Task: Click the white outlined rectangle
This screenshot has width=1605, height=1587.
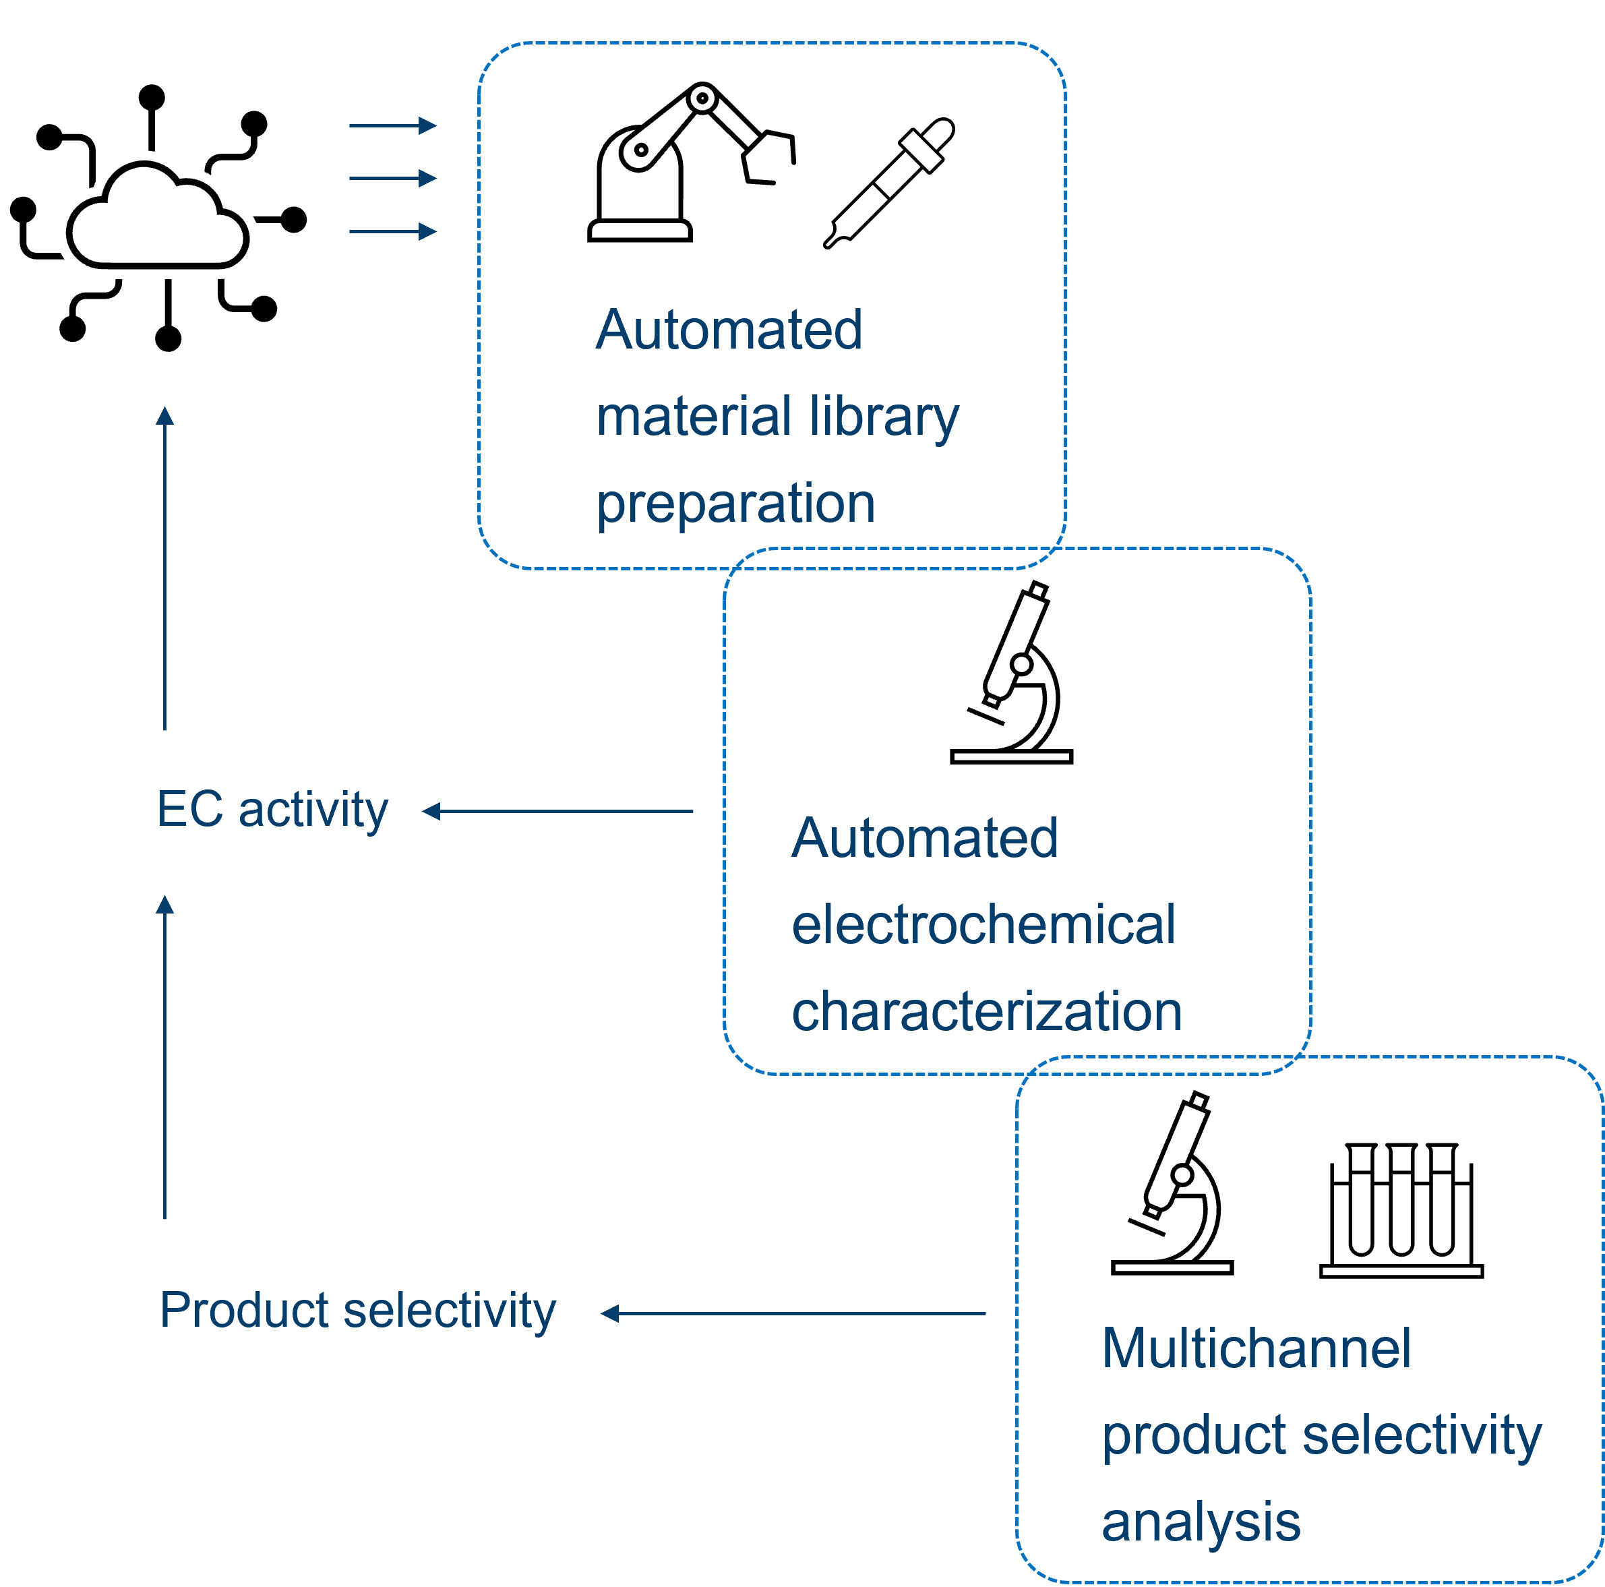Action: [x=222, y=34]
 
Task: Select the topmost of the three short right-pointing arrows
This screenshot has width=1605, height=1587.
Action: [x=392, y=125]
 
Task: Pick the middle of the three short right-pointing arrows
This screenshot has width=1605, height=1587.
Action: [x=392, y=178]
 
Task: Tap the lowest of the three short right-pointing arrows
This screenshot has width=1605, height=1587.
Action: [x=392, y=231]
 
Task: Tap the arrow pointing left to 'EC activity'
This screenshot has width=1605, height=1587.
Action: [x=557, y=811]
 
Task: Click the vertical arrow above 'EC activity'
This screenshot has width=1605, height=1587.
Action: [x=165, y=568]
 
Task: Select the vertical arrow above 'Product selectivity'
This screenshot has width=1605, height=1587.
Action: [x=165, y=1057]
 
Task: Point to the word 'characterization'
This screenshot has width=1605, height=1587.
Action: [x=986, y=1011]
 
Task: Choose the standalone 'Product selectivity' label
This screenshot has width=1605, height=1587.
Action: [x=357, y=1311]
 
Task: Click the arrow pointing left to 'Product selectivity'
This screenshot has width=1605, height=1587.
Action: [x=793, y=1314]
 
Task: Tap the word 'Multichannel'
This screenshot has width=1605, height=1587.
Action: [x=1256, y=1348]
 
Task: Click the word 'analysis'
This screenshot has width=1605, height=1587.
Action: [x=1201, y=1522]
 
